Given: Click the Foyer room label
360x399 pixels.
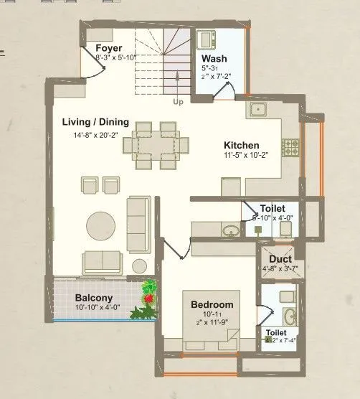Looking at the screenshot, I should (110, 49).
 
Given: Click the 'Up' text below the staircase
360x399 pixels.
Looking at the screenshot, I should (178, 102).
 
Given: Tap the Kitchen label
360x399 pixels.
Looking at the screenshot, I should (240, 144).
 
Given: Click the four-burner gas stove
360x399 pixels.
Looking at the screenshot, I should (291, 147).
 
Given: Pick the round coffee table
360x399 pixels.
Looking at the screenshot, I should (100, 222).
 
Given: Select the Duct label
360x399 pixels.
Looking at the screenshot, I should (279, 259).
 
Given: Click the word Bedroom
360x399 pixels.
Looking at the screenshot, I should (212, 304).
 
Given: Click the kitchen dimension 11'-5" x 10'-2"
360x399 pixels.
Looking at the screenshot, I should (245, 156).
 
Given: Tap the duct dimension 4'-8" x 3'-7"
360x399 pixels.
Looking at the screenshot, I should (279, 271).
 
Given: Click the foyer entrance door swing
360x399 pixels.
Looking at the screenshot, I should (92, 66).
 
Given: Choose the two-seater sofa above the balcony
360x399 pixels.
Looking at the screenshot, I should (101, 260).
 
